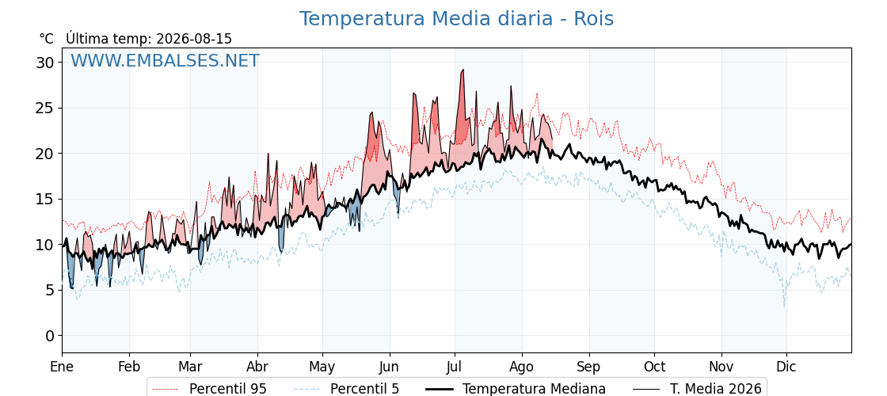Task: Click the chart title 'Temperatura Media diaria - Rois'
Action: coord(456,19)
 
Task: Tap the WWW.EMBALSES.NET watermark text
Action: coord(165,60)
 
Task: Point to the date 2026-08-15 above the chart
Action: coord(194,39)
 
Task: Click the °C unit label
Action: coord(47,39)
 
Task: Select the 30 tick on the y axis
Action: coord(47,63)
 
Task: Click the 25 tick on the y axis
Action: coord(47,108)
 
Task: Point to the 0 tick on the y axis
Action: coord(51,336)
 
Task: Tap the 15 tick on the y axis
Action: coord(47,199)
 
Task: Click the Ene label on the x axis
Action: coord(62,367)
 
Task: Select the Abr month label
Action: coord(257,367)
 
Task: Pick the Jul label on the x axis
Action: coord(455,367)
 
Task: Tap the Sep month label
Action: coord(589,367)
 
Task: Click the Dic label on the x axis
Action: coord(786,367)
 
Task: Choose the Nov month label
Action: coord(721,367)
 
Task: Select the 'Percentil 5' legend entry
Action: coord(347,389)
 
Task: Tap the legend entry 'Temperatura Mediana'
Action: coord(514,389)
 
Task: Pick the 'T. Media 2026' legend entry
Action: coord(697,389)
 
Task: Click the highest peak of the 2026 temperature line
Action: coord(463,70)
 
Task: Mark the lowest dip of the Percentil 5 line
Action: coord(784,307)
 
